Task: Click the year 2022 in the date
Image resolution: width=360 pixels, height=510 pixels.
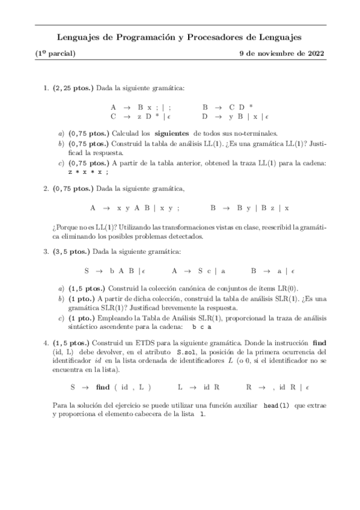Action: (x=315, y=53)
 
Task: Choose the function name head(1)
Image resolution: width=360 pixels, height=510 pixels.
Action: (x=276, y=405)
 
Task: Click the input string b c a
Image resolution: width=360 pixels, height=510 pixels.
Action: (x=203, y=327)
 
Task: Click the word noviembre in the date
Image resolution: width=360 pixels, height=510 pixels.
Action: (x=279, y=53)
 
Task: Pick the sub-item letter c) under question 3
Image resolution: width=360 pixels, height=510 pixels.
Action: (x=61, y=318)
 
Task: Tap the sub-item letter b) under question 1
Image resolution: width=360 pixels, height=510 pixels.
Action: (x=61, y=145)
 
